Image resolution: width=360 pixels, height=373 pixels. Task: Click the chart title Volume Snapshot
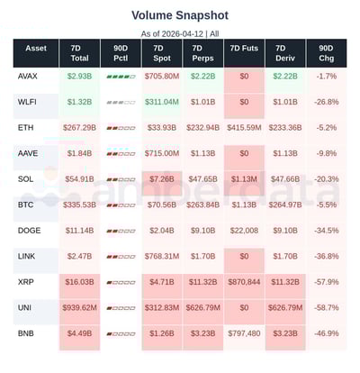click(180, 15)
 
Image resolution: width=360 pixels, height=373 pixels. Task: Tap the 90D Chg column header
click(325, 53)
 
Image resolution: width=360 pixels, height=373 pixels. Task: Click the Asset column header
click(36, 47)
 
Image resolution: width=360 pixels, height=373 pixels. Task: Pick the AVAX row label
click(29, 77)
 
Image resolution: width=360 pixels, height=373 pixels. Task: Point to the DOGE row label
click(29, 231)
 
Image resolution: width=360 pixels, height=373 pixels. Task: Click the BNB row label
click(27, 333)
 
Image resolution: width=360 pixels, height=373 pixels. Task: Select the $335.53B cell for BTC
click(79, 205)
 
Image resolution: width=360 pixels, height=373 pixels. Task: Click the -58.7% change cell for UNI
click(325, 308)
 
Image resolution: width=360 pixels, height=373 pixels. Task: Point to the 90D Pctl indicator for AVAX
click(120, 77)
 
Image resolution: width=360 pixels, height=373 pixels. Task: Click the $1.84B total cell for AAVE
click(79, 154)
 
